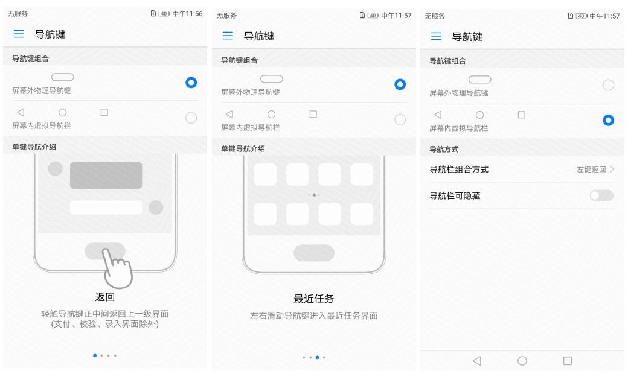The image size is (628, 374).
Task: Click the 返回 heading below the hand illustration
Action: pos(105,297)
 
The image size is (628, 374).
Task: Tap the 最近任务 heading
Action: pos(313,299)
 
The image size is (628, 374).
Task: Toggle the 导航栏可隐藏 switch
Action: pos(601,195)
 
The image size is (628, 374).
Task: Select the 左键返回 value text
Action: pos(591,170)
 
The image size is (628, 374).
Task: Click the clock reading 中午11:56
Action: pos(187,14)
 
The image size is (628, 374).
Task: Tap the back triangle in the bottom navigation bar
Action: pos(476,361)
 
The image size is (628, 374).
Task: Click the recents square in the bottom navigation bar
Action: pos(568,361)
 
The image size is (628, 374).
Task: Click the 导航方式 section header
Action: pos(444,149)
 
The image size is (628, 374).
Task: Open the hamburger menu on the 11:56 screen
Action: pos(19,34)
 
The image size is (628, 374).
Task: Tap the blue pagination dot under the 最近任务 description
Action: pos(317,357)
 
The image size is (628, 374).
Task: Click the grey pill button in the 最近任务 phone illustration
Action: pos(314,253)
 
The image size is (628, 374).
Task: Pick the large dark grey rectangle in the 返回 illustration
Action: pos(106,175)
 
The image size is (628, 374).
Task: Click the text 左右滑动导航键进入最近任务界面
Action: pos(313,315)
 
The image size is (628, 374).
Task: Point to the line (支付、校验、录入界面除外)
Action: pos(105,324)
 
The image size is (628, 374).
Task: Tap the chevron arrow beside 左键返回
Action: pos(612,169)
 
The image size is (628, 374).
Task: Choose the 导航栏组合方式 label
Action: pos(459,170)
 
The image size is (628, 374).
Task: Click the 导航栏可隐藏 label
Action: pos(455,195)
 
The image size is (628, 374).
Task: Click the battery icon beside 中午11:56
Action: pos(164,14)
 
